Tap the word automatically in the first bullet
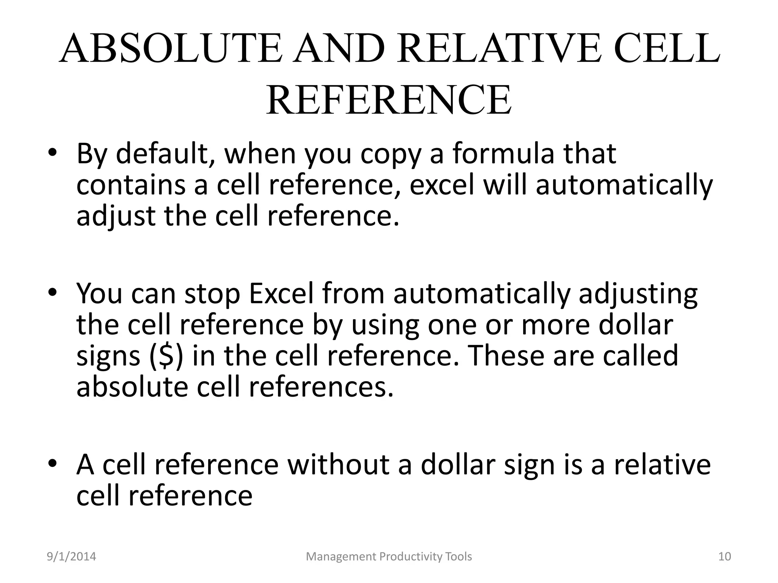click(x=624, y=185)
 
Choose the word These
click(x=507, y=356)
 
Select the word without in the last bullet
click(x=338, y=465)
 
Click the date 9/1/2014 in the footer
click(x=71, y=557)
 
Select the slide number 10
click(x=725, y=557)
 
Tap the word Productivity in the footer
click(x=407, y=557)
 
